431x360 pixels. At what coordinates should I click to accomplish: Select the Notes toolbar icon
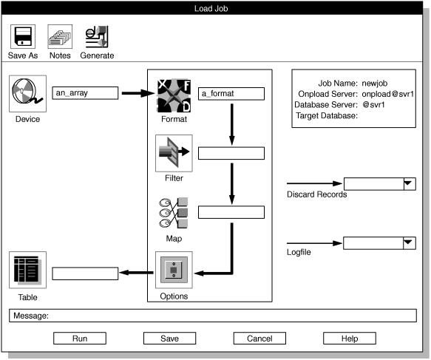pos(60,36)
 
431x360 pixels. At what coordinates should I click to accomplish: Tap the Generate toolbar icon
pos(97,36)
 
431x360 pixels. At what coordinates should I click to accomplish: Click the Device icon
pos(27,93)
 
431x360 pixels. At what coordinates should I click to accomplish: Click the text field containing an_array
pos(86,93)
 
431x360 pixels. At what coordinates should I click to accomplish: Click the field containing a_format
pos(231,94)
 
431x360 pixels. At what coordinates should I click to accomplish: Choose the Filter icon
pos(174,153)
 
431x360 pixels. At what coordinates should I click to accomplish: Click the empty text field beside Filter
pos(231,153)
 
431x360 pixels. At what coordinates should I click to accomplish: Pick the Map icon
pos(174,213)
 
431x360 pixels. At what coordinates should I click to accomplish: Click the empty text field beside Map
pos(231,212)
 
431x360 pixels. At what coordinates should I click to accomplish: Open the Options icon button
pos(174,271)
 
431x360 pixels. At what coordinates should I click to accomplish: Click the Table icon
pos(27,271)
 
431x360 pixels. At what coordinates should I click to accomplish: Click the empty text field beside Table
pos(86,274)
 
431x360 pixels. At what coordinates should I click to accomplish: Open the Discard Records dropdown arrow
pos(407,183)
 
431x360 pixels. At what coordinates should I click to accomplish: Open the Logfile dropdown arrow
pos(407,242)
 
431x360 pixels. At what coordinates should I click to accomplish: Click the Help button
pos(350,339)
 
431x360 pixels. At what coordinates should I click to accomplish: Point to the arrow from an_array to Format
pos(137,94)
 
